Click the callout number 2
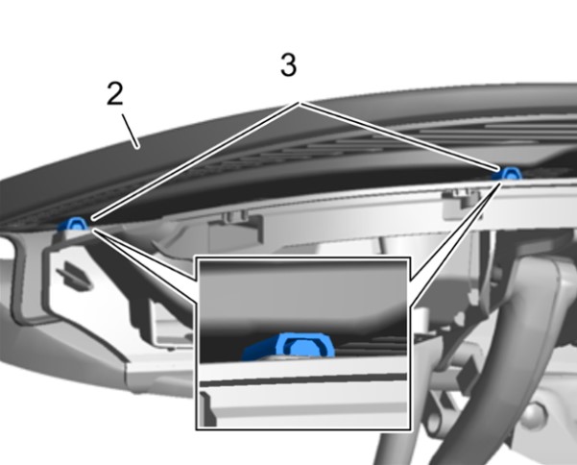pyautogui.click(x=115, y=93)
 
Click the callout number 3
pyautogui.click(x=288, y=64)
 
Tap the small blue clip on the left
pyautogui.click(x=75, y=224)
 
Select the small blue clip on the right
pyautogui.click(x=508, y=173)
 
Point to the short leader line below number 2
pyautogui.click(x=131, y=131)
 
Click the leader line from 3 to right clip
pyautogui.click(x=400, y=137)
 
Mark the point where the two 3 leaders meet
pyautogui.click(x=301, y=104)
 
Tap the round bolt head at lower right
pyautogui.click(x=533, y=415)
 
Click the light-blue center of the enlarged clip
pyautogui.click(x=302, y=348)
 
